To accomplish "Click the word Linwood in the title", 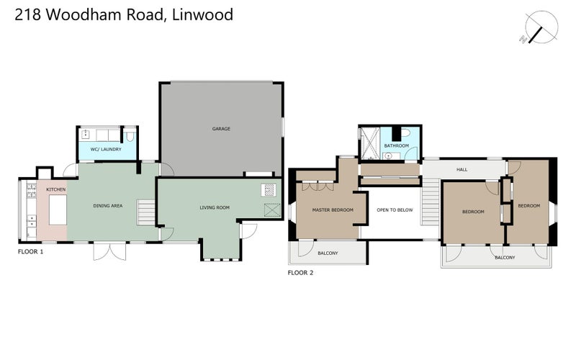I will tap(203, 14).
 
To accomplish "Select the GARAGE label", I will tap(220, 129).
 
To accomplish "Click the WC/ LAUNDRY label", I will tap(106, 149).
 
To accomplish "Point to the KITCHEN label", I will tap(56, 189).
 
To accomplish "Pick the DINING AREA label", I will tap(108, 206).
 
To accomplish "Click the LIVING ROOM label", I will tap(215, 208).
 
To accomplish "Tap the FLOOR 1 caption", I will tap(31, 253).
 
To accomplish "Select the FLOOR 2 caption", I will tap(300, 273).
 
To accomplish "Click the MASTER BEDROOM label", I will tap(332, 210).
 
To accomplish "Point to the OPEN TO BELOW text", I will tap(395, 210).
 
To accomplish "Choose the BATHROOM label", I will tap(396, 146).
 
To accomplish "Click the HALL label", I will tap(462, 170).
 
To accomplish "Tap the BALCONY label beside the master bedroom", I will tap(329, 253).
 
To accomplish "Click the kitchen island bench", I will tap(58, 210).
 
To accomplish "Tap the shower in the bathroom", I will tap(369, 143).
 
